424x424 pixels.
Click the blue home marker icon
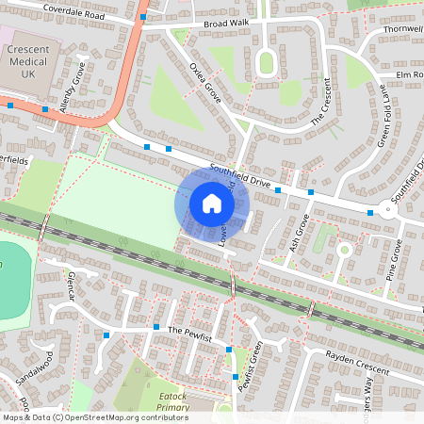pyautogui.click(x=212, y=203)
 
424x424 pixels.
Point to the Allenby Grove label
pyautogui.click(x=73, y=88)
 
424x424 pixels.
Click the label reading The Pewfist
pyautogui.click(x=187, y=333)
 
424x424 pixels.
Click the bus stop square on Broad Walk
pyautogui.click(x=143, y=17)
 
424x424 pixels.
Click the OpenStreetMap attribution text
pyautogui.click(x=94, y=417)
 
